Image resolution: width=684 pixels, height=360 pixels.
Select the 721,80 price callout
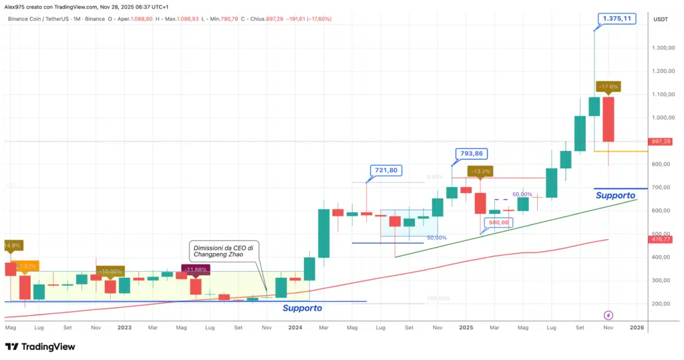385,170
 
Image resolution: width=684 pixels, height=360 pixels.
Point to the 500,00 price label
499,222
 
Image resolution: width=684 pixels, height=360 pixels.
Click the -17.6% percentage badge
608,86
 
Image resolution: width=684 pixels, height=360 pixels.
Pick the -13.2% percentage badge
480,171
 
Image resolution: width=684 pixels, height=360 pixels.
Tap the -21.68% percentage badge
195,270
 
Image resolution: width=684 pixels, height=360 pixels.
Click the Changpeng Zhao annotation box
222,250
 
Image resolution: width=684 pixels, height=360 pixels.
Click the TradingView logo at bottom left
40,347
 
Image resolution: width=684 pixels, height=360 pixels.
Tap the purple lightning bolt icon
609,315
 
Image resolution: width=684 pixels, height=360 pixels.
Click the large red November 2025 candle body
609,119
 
